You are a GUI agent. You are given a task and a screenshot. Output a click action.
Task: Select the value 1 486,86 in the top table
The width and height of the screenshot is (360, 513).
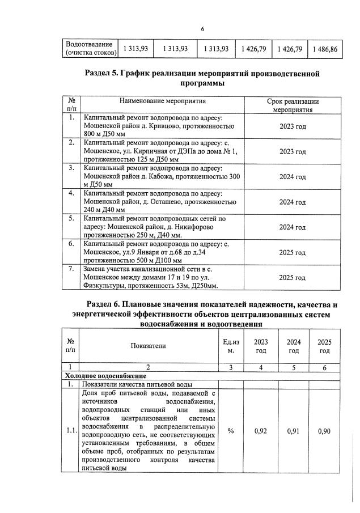[x=324, y=49]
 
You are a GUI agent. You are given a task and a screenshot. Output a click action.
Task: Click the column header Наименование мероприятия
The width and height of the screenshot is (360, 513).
[x=162, y=101]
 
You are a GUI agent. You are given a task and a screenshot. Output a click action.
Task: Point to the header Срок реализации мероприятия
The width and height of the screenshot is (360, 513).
[x=293, y=105]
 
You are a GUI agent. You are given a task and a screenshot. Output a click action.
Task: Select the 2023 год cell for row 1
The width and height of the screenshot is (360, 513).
[x=293, y=126]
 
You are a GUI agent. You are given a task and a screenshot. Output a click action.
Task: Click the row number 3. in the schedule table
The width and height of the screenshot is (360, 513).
[x=71, y=168]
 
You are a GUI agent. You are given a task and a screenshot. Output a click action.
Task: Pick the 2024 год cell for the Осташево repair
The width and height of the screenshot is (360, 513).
[x=293, y=202]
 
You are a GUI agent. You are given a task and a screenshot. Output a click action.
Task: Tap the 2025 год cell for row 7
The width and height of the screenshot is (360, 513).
[x=293, y=278]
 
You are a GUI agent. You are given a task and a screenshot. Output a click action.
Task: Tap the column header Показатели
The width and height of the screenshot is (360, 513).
[x=149, y=345]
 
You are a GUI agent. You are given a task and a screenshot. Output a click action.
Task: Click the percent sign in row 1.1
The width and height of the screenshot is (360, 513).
[x=231, y=431]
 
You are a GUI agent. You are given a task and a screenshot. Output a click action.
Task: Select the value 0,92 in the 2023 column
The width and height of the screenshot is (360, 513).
[x=261, y=431]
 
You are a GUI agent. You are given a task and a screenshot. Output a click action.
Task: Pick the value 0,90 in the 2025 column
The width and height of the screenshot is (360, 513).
[x=324, y=431]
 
